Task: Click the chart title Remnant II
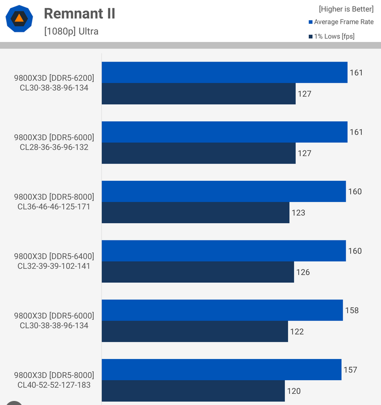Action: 79,14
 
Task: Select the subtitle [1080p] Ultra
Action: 71,31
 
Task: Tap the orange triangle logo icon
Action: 19,19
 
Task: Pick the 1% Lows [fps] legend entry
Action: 334,36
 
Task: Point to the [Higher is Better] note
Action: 346,9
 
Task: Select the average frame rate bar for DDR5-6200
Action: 224,72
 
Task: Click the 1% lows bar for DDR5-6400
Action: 198,272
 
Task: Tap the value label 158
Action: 351,310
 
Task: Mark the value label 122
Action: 297,332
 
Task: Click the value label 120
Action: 294,391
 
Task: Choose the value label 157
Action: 350,370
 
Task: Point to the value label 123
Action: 298,213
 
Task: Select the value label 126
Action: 303,272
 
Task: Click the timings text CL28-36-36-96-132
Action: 54,147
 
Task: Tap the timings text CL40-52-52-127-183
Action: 54,385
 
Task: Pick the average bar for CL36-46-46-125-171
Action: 223,191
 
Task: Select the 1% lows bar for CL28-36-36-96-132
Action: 199,153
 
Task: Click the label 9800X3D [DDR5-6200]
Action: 54,78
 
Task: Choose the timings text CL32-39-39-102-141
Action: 54,266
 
